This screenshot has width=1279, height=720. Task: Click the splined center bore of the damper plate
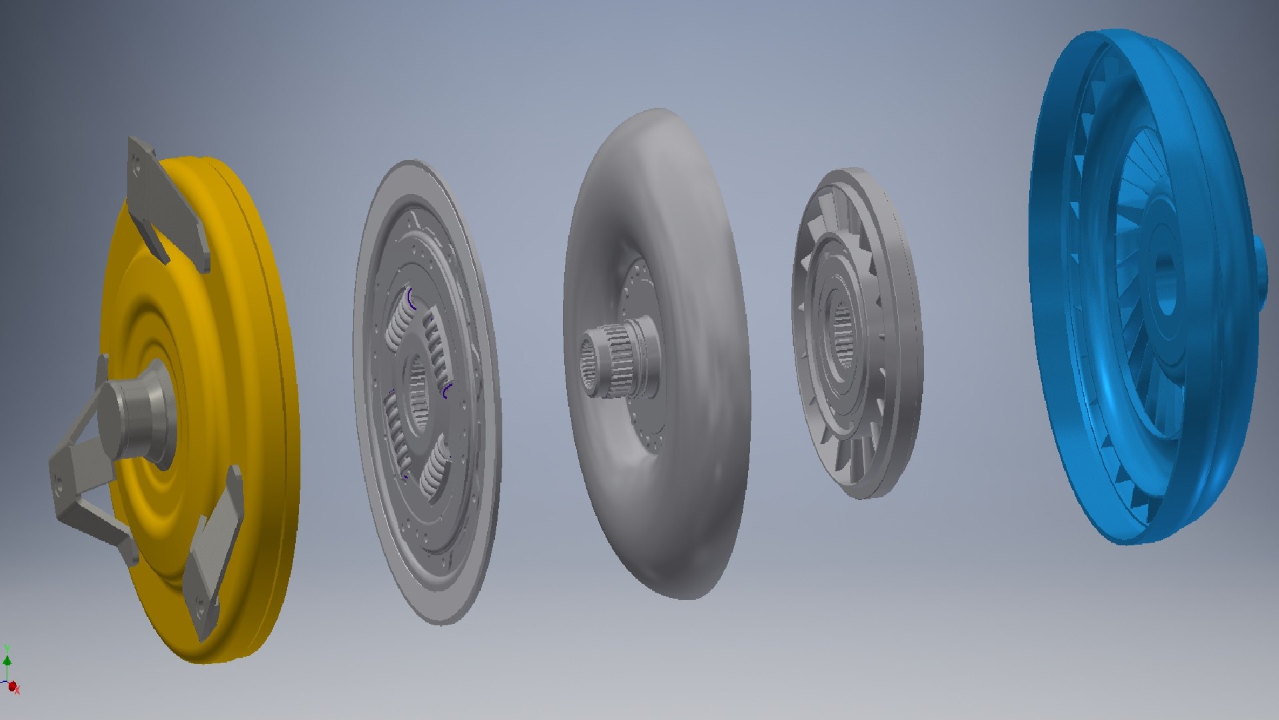point(418,393)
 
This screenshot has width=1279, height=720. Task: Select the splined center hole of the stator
point(843,333)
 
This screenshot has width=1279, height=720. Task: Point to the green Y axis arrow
point(7,660)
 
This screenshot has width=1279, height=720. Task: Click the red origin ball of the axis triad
point(12,685)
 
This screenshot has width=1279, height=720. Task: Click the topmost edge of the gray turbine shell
point(659,111)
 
